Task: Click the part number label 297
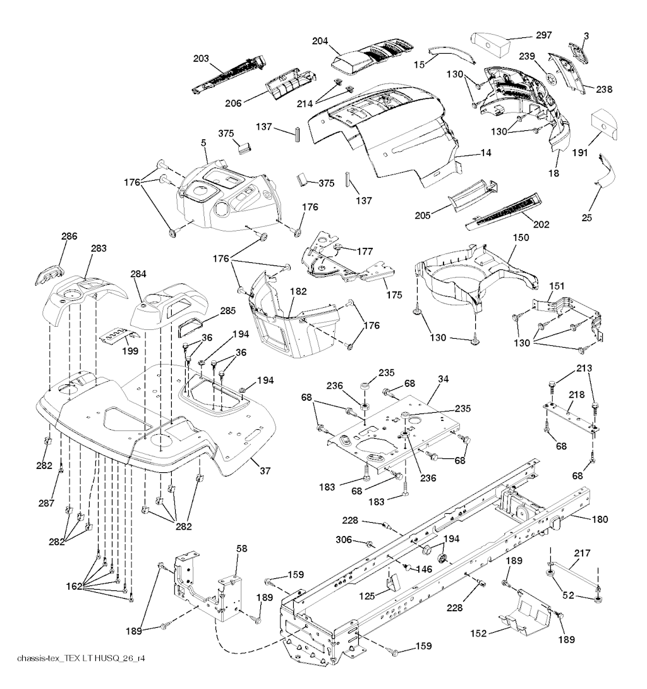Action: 544,35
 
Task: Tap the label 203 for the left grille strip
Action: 202,59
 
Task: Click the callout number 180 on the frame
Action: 600,519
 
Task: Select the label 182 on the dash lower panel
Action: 299,291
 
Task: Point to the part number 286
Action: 69,236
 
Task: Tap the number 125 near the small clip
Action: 366,595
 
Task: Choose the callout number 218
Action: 576,394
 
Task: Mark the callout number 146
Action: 423,570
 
